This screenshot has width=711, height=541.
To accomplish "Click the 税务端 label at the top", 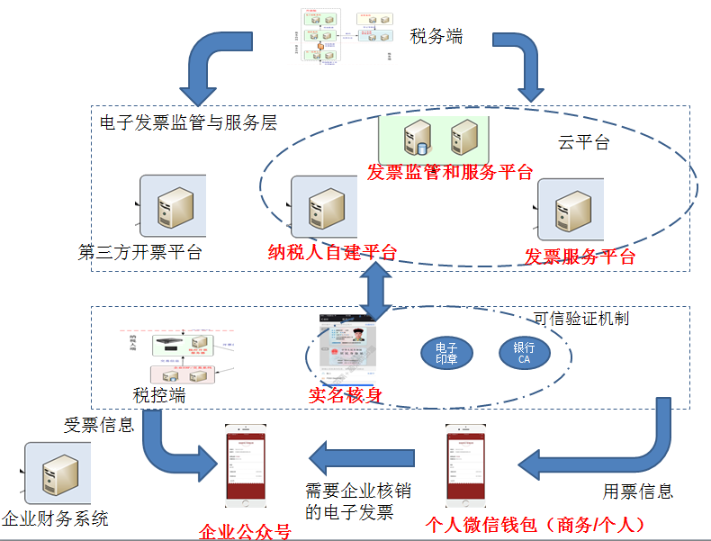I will click(x=436, y=37).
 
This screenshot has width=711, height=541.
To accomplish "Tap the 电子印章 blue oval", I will click(x=447, y=353).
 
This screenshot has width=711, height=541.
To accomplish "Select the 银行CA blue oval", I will click(x=524, y=353).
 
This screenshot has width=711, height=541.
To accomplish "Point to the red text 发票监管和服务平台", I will click(x=449, y=172).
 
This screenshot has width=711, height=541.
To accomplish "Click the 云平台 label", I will click(x=583, y=142).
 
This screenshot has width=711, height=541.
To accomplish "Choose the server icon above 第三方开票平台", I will click(x=172, y=207).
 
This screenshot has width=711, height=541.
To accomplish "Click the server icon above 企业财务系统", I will click(x=58, y=473).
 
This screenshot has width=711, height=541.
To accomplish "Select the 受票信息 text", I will click(x=99, y=424).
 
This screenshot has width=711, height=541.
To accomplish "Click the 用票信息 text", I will click(x=637, y=491).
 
